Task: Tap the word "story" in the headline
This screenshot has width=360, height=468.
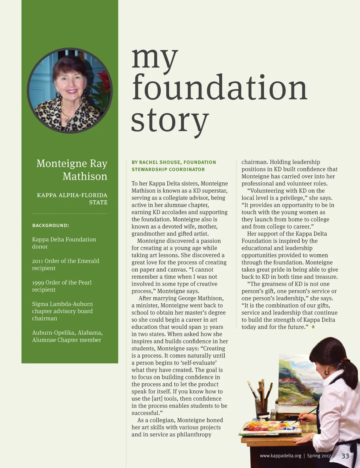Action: [170, 120]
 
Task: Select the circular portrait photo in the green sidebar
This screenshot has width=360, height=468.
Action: [70, 90]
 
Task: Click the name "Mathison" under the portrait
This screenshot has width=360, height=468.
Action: [85, 176]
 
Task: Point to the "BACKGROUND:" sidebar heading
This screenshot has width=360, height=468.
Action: [51, 226]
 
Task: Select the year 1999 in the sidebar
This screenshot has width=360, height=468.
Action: [38, 283]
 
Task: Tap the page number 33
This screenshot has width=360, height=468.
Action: [345, 456]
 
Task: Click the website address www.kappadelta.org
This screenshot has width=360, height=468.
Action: [280, 456]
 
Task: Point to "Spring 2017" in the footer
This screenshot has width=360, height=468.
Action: [319, 456]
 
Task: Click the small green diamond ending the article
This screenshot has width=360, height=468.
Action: [313, 327]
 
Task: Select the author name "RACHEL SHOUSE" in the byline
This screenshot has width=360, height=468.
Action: [160, 162]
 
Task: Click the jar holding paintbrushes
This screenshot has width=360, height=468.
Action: [262, 408]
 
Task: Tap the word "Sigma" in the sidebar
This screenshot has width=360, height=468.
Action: [40, 304]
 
